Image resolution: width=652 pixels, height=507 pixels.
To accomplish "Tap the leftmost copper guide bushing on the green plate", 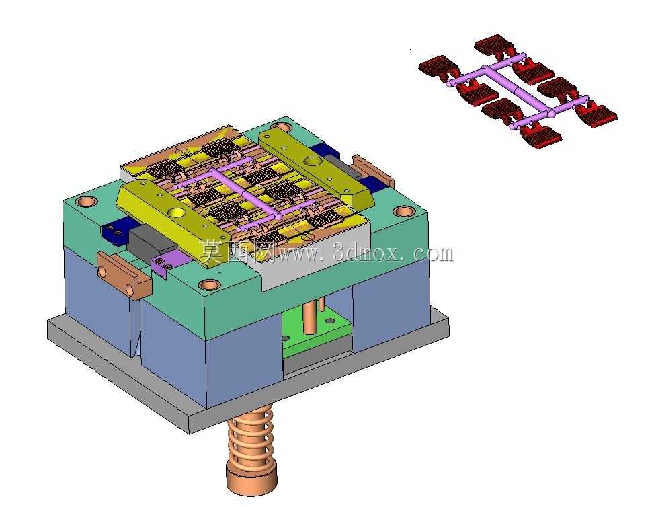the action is click(x=87, y=202).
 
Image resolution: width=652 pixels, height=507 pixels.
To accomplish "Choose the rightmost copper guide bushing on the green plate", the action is click(x=403, y=212).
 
